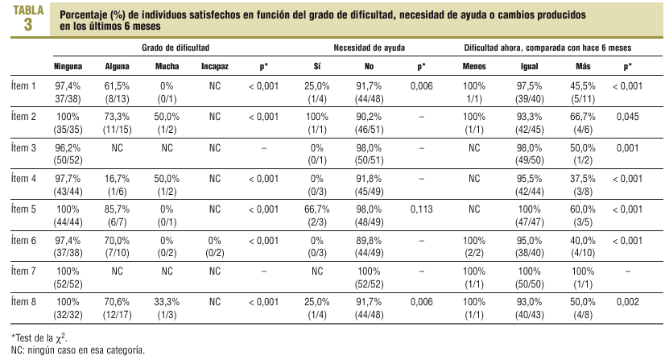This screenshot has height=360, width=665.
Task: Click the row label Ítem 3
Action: (24, 147)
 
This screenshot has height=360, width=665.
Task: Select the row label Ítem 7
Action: (24, 271)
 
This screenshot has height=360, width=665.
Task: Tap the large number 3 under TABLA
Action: (28, 24)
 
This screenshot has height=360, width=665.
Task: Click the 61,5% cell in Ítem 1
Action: (118, 85)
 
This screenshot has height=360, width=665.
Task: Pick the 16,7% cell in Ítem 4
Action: (118, 178)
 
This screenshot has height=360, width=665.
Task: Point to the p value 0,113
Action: (422, 209)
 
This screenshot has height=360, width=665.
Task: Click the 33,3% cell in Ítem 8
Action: (167, 301)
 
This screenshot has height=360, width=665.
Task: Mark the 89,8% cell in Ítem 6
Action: (368, 240)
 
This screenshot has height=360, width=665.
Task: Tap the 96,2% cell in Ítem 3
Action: (68, 147)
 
